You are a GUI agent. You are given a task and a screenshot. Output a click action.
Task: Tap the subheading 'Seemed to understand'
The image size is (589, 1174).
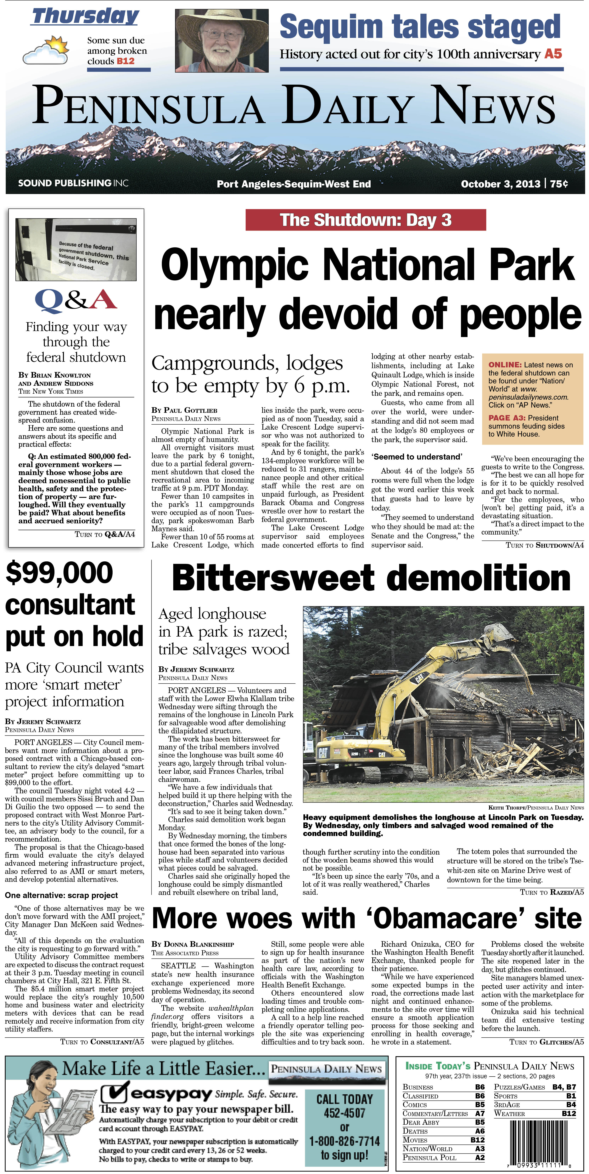point(417,457)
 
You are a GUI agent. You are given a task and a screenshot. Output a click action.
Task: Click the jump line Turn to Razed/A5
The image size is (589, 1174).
point(552,892)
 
